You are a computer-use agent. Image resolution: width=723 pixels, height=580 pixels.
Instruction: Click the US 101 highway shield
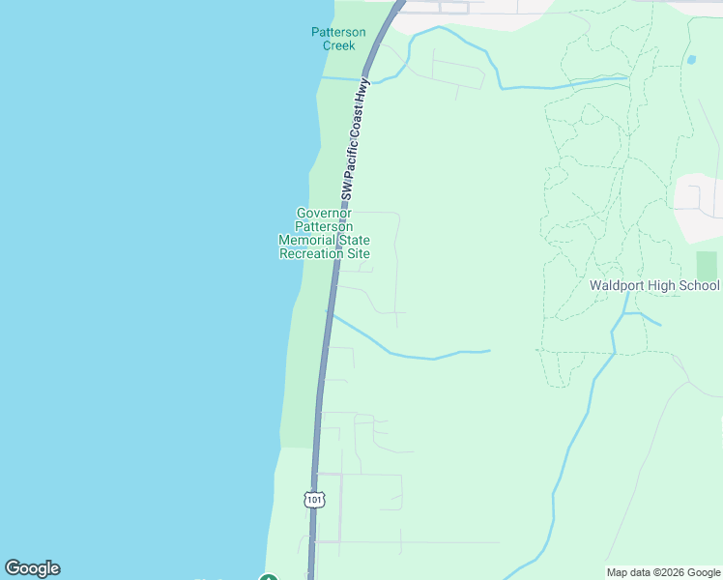point(313,499)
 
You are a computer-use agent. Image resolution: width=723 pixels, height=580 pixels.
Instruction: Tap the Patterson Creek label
point(338,39)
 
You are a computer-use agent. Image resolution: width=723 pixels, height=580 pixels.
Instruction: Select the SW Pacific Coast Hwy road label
point(355,139)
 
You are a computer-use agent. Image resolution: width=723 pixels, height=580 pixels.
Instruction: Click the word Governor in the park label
point(324,214)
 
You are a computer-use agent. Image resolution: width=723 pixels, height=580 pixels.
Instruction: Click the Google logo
point(32,568)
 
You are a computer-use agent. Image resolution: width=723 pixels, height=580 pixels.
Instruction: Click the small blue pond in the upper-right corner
point(691,60)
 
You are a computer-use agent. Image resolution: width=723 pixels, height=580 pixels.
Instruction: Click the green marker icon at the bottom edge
point(268,577)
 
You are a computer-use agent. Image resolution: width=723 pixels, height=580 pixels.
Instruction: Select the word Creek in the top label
point(338,45)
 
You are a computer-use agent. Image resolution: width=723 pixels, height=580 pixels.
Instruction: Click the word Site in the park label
point(358,254)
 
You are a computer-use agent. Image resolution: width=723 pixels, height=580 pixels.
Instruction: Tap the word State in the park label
point(352,241)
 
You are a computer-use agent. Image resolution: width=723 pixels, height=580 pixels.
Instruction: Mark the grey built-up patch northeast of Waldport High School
point(698,205)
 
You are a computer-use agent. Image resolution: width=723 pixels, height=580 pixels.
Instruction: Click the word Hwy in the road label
point(363,94)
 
